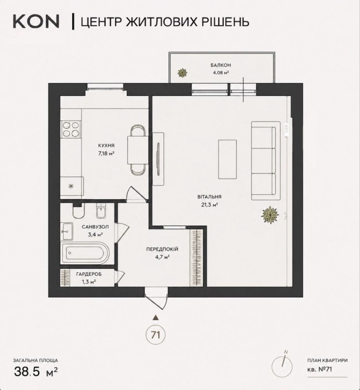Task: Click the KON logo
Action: coord(36,22)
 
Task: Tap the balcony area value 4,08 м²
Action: coord(220,73)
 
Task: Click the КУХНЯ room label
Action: coord(106,146)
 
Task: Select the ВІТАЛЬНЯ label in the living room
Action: coord(209,197)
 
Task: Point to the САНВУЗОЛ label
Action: coord(95,227)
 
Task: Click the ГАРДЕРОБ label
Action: coord(89,274)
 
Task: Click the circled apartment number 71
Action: coord(155,335)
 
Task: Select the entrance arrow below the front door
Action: coord(156,317)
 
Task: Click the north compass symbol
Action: coord(282,366)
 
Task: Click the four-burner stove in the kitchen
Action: coord(71,129)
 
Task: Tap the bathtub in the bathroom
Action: coord(85,253)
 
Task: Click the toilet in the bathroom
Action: coord(79,212)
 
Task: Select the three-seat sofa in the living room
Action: coord(266,161)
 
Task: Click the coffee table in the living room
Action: coord(227,159)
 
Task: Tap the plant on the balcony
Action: coord(183,73)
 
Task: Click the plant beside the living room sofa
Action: coord(270,215)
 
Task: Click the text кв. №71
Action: coord(319,370)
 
